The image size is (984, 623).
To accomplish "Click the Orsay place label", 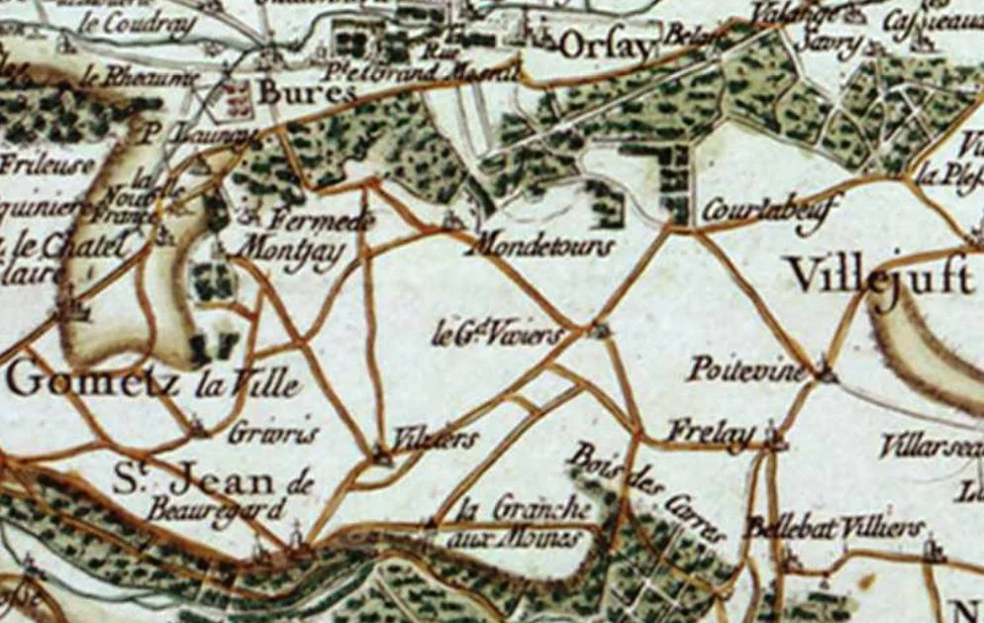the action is (607, 46).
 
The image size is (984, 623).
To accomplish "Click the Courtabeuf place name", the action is (771, 208).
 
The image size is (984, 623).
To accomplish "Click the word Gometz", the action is (94, 381).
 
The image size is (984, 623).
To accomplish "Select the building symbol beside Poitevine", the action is (828, 373).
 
